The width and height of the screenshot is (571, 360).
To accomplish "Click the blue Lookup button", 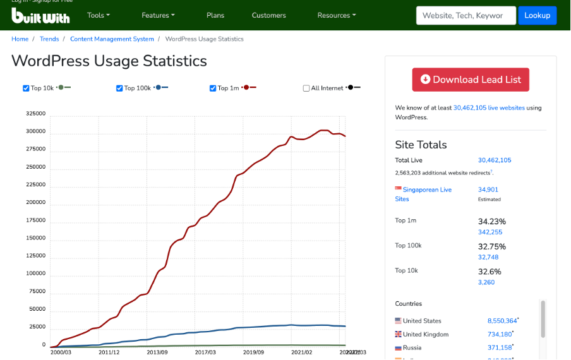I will [537, 15].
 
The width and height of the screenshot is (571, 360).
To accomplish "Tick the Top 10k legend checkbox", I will [26, 88].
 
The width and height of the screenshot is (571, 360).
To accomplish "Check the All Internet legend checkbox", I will [306, 88].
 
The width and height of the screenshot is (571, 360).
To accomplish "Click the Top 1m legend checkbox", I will [213, 88].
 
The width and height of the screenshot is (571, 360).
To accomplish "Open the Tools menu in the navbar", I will [98, 15].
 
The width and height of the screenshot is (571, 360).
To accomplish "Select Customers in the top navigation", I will [268, 15].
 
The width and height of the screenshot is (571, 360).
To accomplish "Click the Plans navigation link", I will [215, 15].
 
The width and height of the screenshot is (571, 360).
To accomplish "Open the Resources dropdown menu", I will [336, 15].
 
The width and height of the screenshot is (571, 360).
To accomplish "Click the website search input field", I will [466, 15].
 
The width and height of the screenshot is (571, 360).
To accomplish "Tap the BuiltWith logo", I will [40, 15].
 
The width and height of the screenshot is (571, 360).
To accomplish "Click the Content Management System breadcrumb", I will [112, 39].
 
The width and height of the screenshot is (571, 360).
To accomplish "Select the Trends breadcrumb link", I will [49, 39].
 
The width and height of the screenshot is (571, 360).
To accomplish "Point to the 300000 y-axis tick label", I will [35, 131].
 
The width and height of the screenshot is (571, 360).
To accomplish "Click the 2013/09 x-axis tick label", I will [157, 352].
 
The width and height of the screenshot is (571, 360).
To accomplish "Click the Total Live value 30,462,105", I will [495, 160].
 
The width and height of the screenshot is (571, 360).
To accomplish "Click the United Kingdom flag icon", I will [399, 334].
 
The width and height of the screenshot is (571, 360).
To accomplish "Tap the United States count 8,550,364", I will [502, 321].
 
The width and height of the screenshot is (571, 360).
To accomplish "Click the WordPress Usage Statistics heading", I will [109, 61].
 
